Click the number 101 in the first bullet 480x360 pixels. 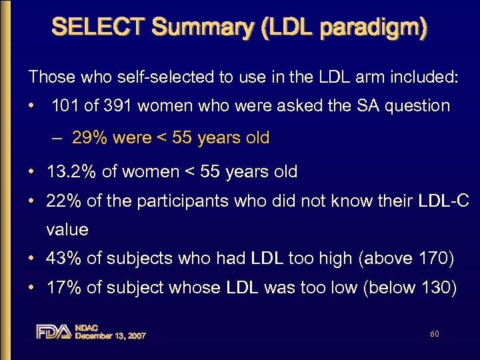(x=64, y=105)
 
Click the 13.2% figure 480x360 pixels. (x=71, y=171)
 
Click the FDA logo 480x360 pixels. (x=53, y=331)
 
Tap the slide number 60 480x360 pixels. (x=435, y=333)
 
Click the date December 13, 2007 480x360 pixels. (x=110, y=336)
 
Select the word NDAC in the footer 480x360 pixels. (x=87, y=327)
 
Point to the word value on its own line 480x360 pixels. (x=67, y=229)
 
